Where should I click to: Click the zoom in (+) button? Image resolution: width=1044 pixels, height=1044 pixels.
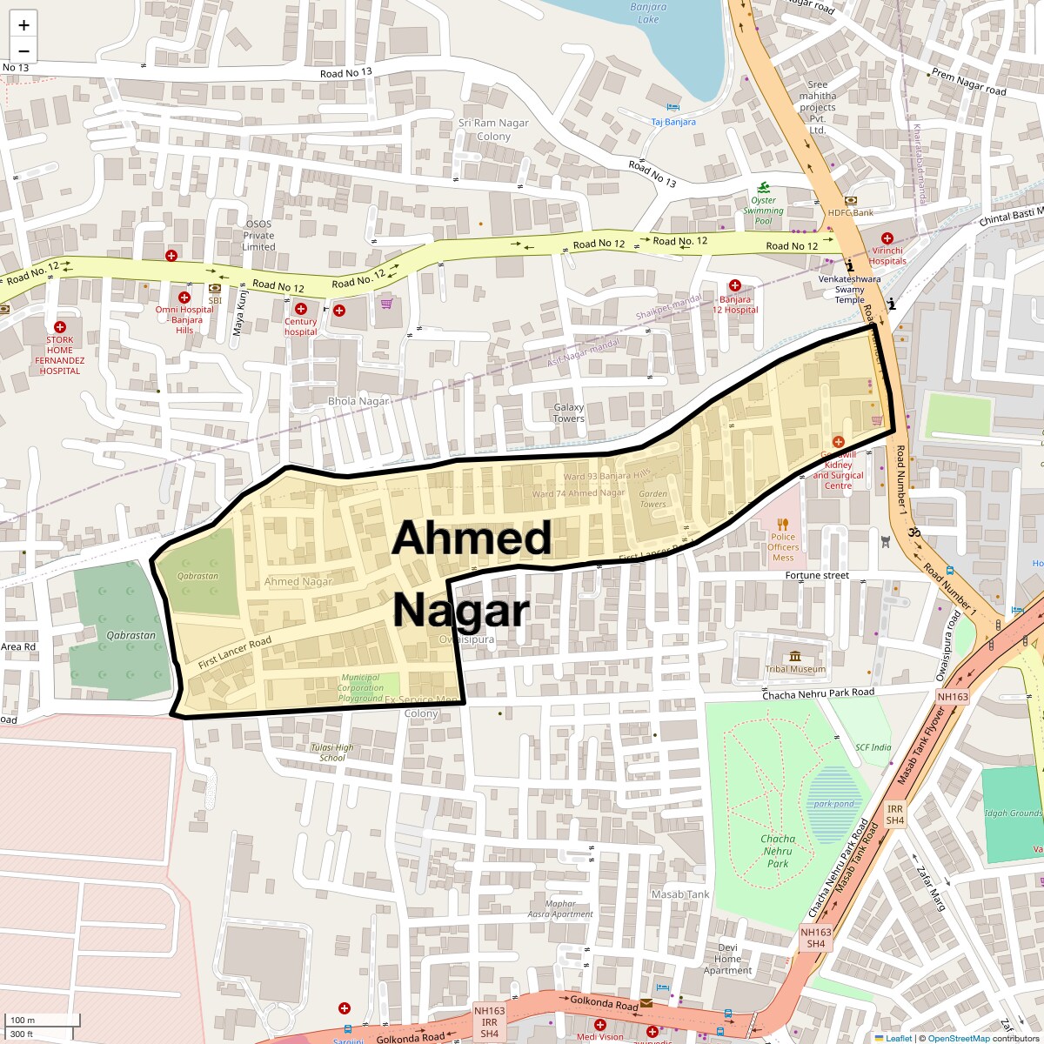click(x=23, y=25)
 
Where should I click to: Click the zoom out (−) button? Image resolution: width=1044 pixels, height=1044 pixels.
click(x=23, y=50)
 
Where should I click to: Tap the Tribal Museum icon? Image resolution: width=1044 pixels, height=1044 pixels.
click(x=794, y=656)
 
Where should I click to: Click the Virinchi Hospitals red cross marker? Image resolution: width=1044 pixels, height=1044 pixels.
click(x=887, y=238)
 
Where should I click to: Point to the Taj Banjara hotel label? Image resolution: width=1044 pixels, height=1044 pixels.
click(x=673, y=122)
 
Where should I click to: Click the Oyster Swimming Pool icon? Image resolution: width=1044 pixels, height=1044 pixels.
click(x=763, y=188)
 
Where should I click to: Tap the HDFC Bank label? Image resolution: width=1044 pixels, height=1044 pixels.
click(x=850, y=212)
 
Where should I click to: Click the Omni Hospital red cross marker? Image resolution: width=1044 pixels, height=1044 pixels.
click(x=184, y=298)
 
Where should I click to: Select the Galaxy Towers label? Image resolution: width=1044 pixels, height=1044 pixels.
click(x=569, y=412)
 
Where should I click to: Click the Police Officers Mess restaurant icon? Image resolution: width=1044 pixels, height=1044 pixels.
click(x=783, y=524)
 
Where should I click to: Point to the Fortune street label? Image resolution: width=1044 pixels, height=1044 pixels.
click(x=816, y=575)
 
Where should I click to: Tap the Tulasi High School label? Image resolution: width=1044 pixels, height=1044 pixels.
click(x=331, y=753)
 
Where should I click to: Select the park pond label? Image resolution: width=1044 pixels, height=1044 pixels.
click(x=833, y=803)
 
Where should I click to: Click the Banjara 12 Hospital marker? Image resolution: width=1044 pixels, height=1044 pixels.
click(x=734, y=285)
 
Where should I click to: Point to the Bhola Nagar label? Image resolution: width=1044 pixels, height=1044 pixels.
click(x=357, y=401)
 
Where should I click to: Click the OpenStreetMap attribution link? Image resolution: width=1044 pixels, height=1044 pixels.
click(x=958, y=1038)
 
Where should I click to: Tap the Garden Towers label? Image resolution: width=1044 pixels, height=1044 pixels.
click(x=652, y=499)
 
